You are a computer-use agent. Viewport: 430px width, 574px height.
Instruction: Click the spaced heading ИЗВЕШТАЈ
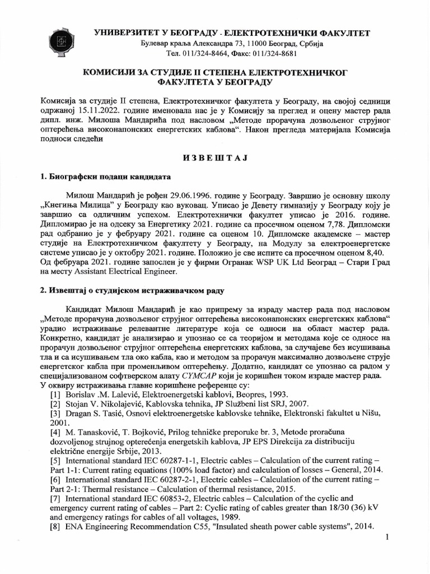tap(214, 158)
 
